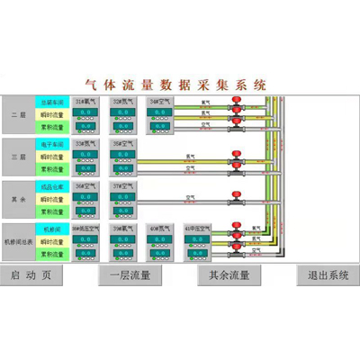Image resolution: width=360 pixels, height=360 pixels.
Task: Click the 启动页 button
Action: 31,275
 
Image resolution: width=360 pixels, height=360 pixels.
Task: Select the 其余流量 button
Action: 229,275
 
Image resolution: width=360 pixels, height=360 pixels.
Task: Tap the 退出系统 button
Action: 328,275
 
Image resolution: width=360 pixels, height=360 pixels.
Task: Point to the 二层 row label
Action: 19,115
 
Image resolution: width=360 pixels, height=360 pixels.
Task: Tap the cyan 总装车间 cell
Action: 50,102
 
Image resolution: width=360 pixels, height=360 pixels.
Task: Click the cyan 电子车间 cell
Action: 50,144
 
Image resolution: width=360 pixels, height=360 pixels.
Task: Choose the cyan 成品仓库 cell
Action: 50,186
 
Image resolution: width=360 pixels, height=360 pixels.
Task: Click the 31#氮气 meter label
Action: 87,102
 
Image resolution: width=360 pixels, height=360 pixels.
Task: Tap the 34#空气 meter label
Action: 162,102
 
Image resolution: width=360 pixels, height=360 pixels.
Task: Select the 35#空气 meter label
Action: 124,144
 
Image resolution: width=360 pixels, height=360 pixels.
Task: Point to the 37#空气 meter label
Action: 124,186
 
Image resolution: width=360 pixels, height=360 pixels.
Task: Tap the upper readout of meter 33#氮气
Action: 87,155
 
